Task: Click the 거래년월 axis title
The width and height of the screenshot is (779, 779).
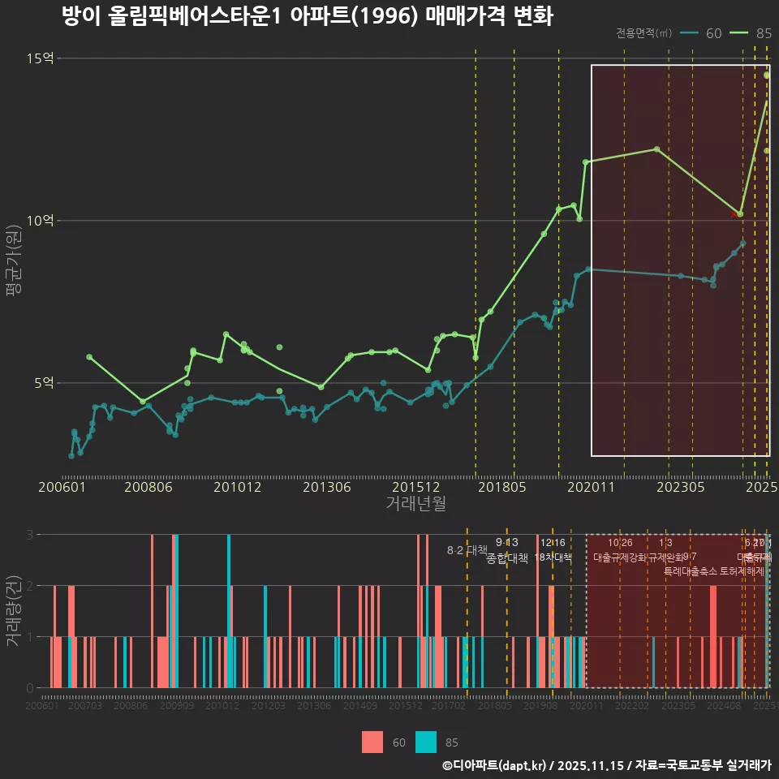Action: [415, 503]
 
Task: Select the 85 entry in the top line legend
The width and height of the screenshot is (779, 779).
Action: [754, 33]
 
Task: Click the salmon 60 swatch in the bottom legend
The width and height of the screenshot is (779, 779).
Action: [372, 742]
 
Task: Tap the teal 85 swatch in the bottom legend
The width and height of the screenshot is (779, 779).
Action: [425, 742]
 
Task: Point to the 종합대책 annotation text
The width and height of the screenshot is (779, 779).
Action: [507, 558]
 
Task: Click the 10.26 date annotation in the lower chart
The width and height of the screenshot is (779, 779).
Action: [620, 543]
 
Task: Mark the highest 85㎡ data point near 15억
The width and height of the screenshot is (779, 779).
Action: [767, 75]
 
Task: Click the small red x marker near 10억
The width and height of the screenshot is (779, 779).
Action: [734, 214]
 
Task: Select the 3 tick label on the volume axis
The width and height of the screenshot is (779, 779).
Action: [29, 535]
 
